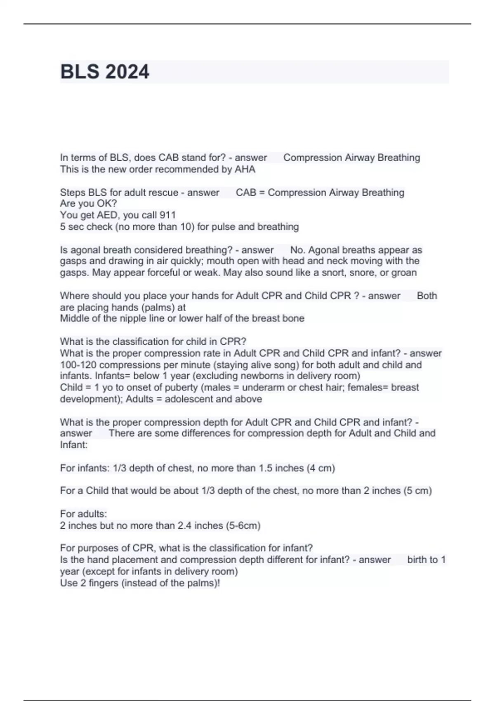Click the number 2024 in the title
coord(127,72)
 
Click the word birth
coord(417,560)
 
